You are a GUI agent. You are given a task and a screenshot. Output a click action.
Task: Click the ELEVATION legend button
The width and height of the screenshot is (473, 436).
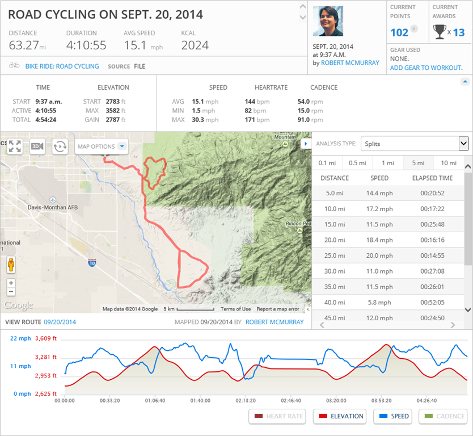(x=339, y=416)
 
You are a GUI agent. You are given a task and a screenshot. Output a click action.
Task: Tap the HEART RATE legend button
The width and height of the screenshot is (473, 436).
(x=277, y=416)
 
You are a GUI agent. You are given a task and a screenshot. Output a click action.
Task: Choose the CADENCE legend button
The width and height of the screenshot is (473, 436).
(x=443, y=416)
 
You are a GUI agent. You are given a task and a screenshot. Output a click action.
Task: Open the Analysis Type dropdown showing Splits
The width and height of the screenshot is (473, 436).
(x=415, y=144)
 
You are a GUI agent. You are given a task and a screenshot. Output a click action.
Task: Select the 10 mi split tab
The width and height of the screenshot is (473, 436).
(x=448, y=163)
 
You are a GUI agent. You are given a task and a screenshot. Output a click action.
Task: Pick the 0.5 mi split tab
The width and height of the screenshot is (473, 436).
(x=357, y=163)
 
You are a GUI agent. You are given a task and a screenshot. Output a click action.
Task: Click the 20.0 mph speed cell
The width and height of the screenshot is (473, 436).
(x=379, y=255)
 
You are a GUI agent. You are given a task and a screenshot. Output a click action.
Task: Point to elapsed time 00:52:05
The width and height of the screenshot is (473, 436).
(x=432, y=302)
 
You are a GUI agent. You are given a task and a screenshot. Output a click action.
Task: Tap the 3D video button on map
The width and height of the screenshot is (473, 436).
(x=37, y=146)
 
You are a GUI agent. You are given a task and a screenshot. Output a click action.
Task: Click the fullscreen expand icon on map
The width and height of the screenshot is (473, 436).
(x=15, y=146)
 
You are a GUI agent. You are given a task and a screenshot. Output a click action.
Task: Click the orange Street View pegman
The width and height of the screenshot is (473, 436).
(x=11, y=265)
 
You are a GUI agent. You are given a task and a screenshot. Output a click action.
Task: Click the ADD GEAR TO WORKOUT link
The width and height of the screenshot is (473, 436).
(x=426, y=68)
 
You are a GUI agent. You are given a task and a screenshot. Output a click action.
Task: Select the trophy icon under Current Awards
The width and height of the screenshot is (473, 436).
(x=439, y=32)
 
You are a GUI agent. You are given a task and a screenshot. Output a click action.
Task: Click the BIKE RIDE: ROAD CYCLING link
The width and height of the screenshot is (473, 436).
(x=62, y=66)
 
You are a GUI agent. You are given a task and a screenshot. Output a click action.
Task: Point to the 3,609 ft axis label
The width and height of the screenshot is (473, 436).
(x=46, y=339)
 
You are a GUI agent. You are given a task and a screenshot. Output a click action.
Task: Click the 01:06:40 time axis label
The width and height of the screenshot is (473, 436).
(x=155, y=400)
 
